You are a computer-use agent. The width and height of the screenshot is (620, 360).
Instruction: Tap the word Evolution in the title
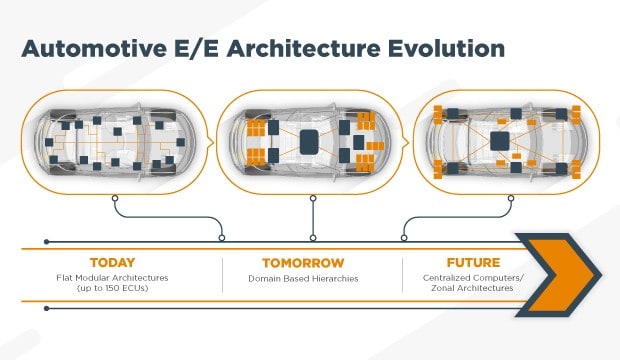[x=444, y=47]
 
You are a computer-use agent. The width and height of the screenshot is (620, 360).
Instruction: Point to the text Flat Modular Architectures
[x=111, y=276]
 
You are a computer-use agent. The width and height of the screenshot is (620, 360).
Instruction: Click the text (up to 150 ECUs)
[x=111, y=288]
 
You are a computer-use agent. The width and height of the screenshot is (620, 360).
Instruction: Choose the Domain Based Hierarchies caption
[x=312, y=276]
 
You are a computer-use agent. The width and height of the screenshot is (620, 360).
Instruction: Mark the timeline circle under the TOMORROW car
[x=313, y=238]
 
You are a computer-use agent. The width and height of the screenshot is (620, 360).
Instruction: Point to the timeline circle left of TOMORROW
[x=222, y=238]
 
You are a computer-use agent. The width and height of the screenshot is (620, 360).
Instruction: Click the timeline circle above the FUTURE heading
[x=404, y=238]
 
